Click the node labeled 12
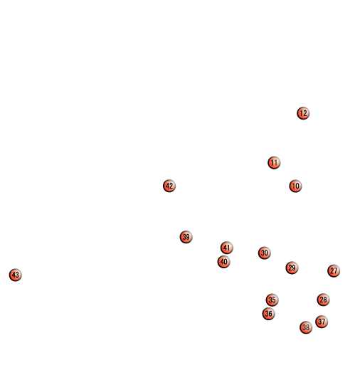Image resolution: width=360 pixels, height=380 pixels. click(x=303, y=113)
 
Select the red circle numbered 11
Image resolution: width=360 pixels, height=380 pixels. click(x=274, y=163)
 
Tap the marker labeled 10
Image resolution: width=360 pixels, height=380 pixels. click(x=295, y=186)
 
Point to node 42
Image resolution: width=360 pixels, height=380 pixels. click(x=169, y=186)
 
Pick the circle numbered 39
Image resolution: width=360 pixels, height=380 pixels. click(x=186, y=237)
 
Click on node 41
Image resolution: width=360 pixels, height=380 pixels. click(x=227, y=248)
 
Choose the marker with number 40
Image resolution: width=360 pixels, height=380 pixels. click(x=223, y=262)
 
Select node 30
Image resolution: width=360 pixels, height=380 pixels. click(x=264, y=253)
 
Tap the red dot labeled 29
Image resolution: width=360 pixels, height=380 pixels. click(x=292, y=268)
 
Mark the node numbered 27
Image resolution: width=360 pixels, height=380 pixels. click(x=334, y=270)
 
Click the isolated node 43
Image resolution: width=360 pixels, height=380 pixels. click(x=15, y=275)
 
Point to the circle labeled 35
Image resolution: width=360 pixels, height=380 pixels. click(x=272, y=300)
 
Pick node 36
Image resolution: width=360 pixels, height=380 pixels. click(x=268, y=314)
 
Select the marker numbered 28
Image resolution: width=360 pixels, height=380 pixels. click(x=323, y=300)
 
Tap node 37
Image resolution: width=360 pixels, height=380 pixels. click(x=322, y=322)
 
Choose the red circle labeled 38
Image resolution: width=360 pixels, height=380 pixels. click(x=306, y=327)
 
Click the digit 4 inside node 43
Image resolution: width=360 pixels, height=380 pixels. click(x=14, y=275)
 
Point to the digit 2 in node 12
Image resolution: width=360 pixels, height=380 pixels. click(x=305, y=113)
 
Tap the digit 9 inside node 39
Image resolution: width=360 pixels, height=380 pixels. click(x=188, y=237)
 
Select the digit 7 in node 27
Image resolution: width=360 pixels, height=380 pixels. click(x=336, y=270)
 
